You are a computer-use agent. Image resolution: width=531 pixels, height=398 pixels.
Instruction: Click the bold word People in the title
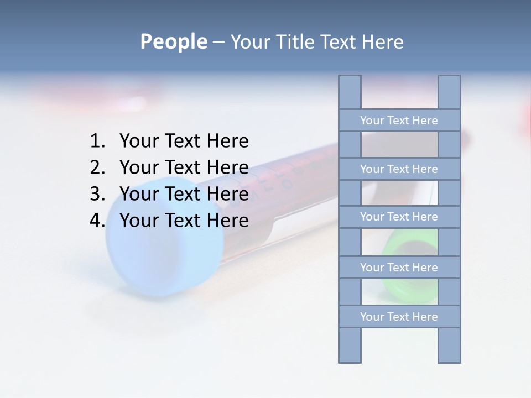(x=173, y=41)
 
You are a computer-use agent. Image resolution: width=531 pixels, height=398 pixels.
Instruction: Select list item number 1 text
(x=184, y=142)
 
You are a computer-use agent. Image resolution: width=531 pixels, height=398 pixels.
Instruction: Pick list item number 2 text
(x=184, y=167)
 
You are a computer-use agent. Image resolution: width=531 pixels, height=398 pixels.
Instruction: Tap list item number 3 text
(x=184, y=194)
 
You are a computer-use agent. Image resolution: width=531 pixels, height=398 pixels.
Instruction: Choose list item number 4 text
(x=184, y=221)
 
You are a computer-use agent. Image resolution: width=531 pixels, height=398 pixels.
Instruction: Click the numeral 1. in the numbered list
(x=97, y=142)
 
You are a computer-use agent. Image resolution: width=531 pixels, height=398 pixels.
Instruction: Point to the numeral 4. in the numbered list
(x=97, y=221)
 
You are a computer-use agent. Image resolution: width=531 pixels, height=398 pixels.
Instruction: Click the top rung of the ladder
(x=399, y=121)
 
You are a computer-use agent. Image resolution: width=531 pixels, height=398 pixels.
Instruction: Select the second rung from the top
(x=399, y=169)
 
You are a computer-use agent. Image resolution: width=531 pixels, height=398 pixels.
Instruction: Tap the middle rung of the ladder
(x=399, y=217)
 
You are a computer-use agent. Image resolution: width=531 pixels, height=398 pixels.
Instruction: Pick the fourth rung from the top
(x=399, y=268)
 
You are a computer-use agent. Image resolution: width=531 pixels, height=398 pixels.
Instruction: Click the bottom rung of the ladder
(x=399, y=317)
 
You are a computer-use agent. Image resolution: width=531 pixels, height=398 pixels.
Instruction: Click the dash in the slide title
(x=218, y=42)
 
